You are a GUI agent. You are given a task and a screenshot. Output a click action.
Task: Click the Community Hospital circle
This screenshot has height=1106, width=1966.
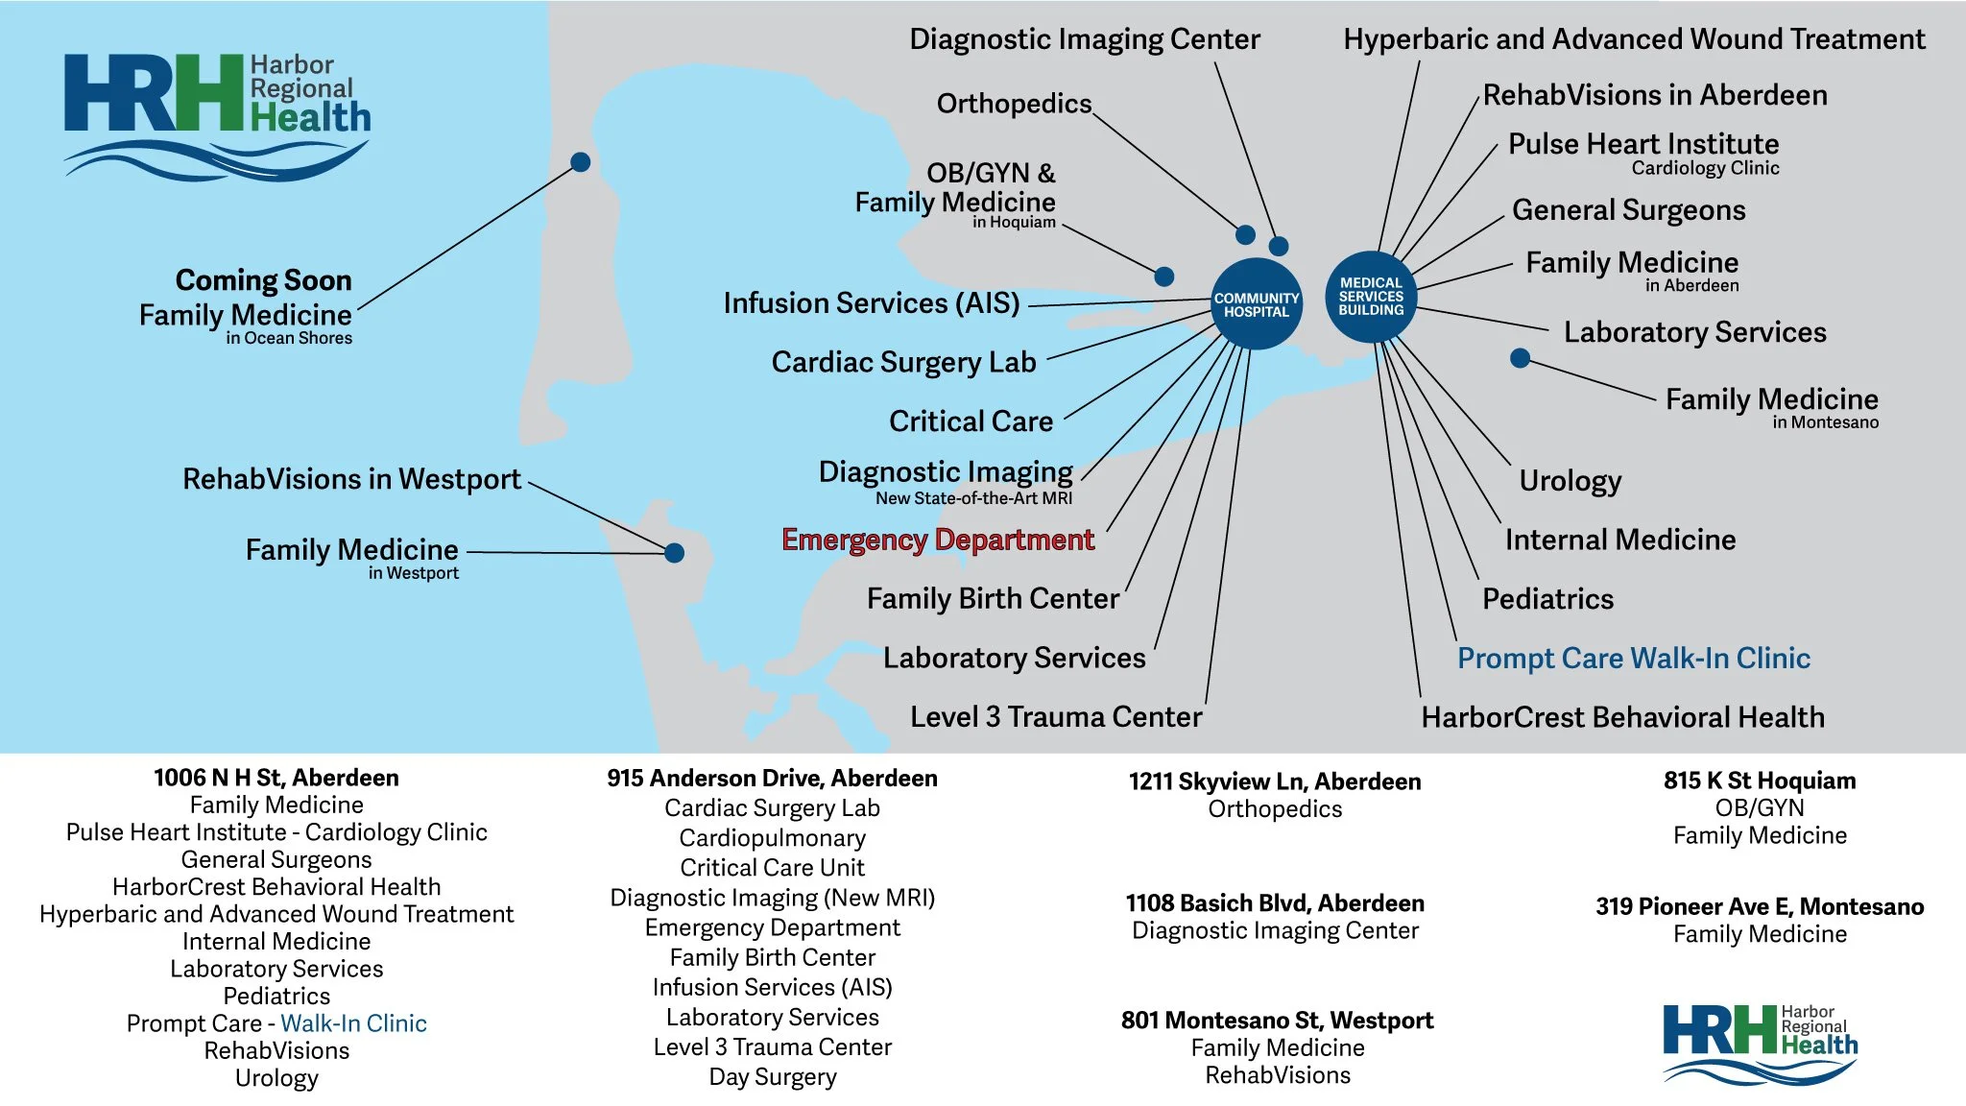pyautogui.click(x=1256, y=304)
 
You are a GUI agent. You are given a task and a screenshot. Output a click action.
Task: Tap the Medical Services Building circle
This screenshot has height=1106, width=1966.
pyautogui.click(x=1371, y=297)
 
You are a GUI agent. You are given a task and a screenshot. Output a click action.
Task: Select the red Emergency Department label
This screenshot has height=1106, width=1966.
pyautogui.click(x=938, y=540)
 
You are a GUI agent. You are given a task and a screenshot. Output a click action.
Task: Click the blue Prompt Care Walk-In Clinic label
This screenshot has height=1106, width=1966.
pyautogui.click(x=1633, y=659)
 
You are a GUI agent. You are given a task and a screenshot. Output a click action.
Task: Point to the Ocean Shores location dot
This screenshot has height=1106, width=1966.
pyautogui.click(x=580, y=161)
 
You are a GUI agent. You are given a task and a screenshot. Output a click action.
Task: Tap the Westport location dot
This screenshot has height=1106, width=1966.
pyautogui.click(x=674, y=553)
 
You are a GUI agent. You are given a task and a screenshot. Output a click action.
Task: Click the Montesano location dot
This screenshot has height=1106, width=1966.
pyautogui.click(x=1520, y=358)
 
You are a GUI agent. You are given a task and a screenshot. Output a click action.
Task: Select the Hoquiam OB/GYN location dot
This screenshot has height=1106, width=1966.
pyautogui.click(x=1163, y=276)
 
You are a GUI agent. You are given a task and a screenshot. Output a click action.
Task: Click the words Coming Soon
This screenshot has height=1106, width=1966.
pyautogui.click(x=263, y=280)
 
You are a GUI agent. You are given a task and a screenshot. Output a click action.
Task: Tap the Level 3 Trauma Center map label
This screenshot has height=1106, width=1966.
pyautogui.click(x=1055, y=717)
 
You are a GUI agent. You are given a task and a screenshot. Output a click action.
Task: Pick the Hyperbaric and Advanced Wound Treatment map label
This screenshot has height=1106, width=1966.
pyautogui.click(x=1634, y=39)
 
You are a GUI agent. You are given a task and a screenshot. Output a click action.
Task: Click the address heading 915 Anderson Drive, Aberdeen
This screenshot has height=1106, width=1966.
pyautogui.click(x=772, y=779)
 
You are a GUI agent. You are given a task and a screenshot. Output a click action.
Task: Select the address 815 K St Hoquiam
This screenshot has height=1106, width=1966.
pyautogui.click(x=1759, y=781)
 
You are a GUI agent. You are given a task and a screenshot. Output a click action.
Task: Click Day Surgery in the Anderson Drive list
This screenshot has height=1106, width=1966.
pyautogui.click(x=772, y=1077)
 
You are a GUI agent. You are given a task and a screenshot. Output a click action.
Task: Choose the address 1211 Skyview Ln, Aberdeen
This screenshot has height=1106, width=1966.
pyautogui.click(x=1274, y=781)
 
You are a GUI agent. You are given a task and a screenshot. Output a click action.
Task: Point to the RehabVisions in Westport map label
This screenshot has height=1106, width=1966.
pyautogui.click(x=351, y=479)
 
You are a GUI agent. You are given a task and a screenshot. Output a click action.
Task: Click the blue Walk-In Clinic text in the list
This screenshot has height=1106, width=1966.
pyautogui.click(x=353, y=1023)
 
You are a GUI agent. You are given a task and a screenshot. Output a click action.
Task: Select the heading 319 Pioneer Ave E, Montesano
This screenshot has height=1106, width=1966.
pyautogui.click(x=1759, y=907)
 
